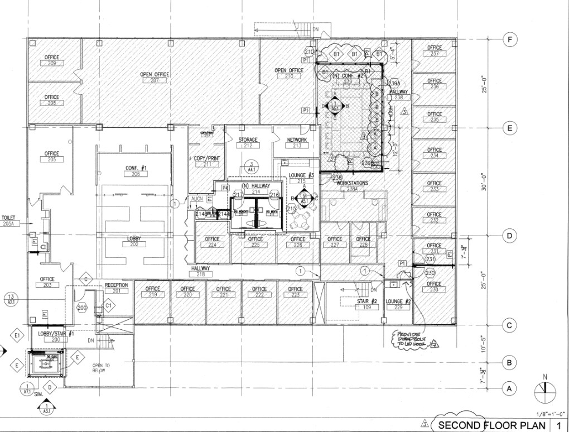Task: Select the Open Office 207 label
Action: (x=155, y=78)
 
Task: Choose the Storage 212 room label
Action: (x=248, y=143)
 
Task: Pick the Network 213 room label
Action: (x=297, y=143)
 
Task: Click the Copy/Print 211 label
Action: (x=207, y=161)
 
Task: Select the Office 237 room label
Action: (x=435, y=51)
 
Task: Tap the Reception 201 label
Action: (x=116, y=287)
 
